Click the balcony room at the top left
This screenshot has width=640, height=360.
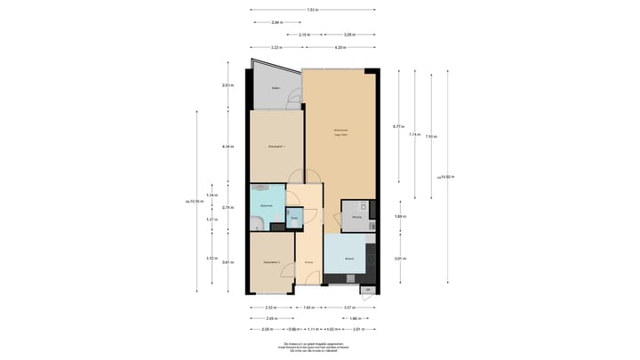[x=275, y=89]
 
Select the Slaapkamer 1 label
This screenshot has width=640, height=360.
[x=276, y=147]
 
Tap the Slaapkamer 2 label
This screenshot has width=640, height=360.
[x=272, y=262]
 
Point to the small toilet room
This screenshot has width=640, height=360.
[x=294, y=217]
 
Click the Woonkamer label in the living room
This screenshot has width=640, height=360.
[x=340, y=132]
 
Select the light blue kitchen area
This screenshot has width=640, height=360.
[x=349, y=259]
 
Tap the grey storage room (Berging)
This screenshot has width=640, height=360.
[x=356, y=216]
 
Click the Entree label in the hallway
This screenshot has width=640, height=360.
[x=308, y=263]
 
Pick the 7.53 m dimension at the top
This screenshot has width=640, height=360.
[x=312, y=10]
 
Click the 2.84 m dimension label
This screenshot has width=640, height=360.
[x=276, y=22]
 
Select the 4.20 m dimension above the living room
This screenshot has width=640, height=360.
[x=340, y=47]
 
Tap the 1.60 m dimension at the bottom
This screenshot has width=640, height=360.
[x=308, y=307]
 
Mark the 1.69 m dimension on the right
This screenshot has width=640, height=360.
[x=400, y=216]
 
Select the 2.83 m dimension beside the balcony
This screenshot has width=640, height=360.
[x=227, y=85]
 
